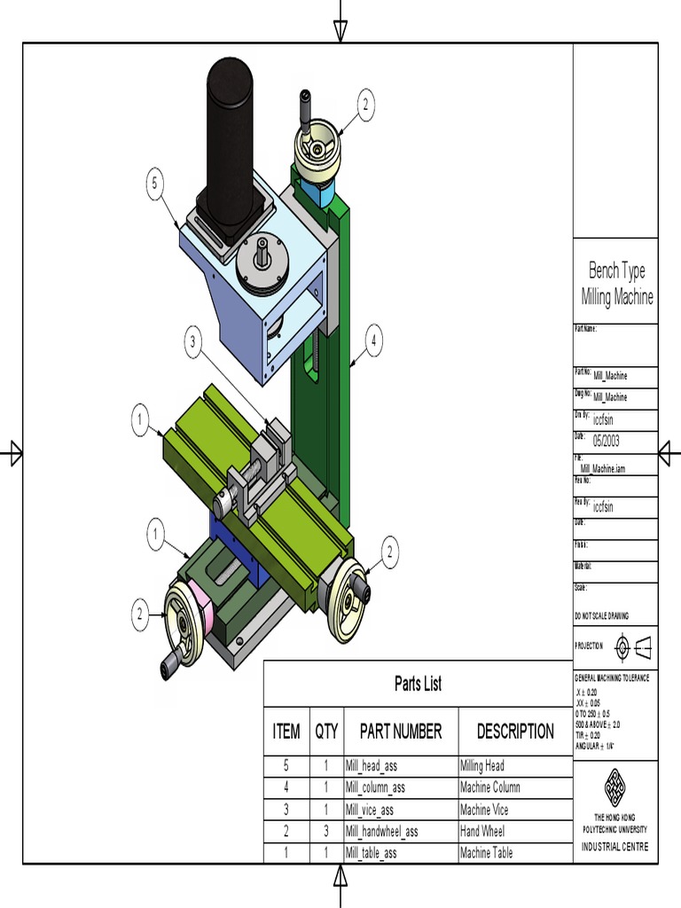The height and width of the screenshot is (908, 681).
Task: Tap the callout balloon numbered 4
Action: [375, 340]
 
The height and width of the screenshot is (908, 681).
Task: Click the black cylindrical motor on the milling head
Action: [231, 142]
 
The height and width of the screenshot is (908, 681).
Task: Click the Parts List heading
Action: [418, 684]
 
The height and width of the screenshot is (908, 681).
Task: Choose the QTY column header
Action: [326, 732]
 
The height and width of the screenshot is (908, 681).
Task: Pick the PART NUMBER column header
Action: [401, 732]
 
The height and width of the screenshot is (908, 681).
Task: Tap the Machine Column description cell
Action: [490, 787]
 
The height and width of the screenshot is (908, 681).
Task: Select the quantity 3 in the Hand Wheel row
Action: [326, 832]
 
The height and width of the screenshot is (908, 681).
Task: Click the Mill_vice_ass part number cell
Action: [370, 810]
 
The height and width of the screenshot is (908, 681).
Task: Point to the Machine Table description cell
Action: [486, 853]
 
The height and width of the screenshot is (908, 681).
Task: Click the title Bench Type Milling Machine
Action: [617, 284]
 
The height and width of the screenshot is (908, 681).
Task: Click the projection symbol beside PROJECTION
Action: [634, 647]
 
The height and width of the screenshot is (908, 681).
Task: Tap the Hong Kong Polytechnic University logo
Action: [615, 786]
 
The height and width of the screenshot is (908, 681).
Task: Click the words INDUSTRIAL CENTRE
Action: [615, 847]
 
